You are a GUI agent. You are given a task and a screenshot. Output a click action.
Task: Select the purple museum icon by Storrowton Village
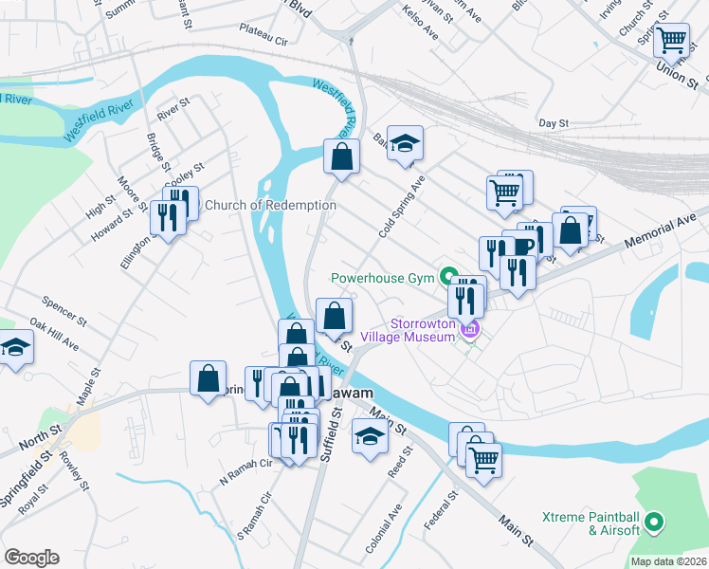(x=469, y=329)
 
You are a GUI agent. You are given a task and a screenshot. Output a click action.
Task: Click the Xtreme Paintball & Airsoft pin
(x=654, y=522)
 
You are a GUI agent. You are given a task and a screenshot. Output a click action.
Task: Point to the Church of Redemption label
(x=270, y=205)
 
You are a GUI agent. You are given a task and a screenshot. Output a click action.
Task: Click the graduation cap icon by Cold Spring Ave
(x=405, y=143)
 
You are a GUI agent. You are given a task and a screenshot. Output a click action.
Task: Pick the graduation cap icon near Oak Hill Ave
(x=16, y=348)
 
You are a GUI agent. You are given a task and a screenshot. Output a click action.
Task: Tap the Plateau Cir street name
(x=267, y=41)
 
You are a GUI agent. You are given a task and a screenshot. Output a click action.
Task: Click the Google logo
(x=31, y=557)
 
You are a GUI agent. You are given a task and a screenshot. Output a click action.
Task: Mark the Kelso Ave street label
(x=421, y=27)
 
